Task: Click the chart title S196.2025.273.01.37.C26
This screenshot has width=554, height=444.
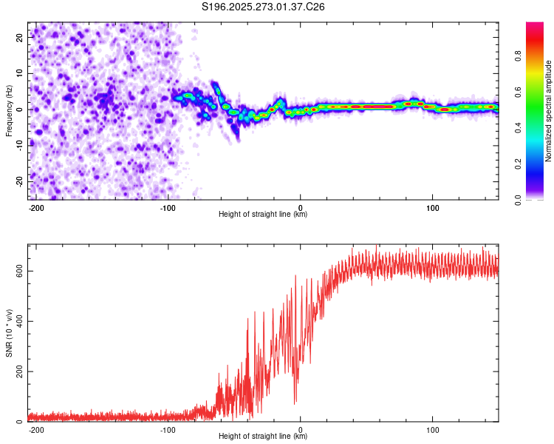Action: coord(263,7)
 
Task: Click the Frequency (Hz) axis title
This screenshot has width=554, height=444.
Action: coord(9,110)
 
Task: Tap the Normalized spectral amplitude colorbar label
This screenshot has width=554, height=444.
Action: coord(548,111)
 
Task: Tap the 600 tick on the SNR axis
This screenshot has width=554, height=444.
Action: coord(18,271)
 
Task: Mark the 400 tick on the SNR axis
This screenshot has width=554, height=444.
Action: coord(18,321)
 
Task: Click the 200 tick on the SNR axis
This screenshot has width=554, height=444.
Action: coord(18,371)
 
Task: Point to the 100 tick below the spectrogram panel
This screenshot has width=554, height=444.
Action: coord(432,207)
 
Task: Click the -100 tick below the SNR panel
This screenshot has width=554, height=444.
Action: coord(168,429)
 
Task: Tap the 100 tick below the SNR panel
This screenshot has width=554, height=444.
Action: coord(432,429)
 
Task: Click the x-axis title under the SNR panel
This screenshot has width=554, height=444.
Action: coord(263,437)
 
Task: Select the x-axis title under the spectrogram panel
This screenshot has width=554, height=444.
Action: coord(263,215)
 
